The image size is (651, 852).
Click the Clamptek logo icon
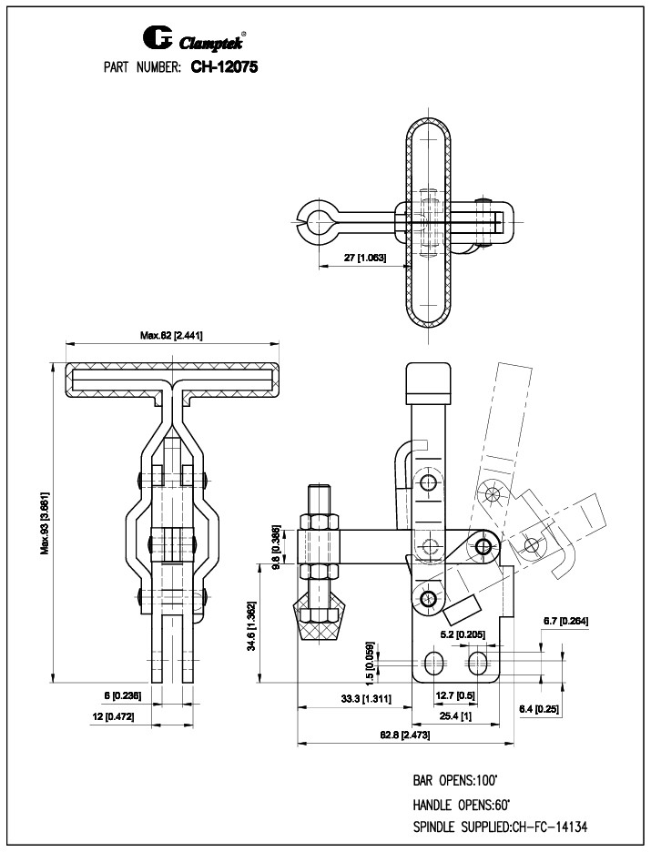[x=158, y=38]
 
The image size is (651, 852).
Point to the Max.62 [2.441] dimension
[x=171, y=335]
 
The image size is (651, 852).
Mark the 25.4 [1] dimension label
[x=454, y=715]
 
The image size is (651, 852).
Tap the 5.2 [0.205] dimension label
[x=455, y=633]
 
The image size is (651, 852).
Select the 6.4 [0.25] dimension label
[x=539, y=708]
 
